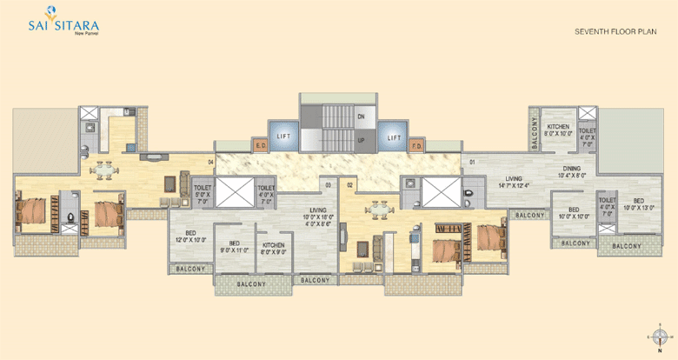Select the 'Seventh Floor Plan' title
click(614, 31)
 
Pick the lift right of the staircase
click(393, 137)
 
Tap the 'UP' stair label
click(361, 139)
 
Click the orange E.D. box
click(260, 145)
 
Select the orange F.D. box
click(415, 145)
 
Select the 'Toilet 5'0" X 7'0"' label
click(203, 193)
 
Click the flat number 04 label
click(210, 162)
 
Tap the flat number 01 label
click(472, 163)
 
